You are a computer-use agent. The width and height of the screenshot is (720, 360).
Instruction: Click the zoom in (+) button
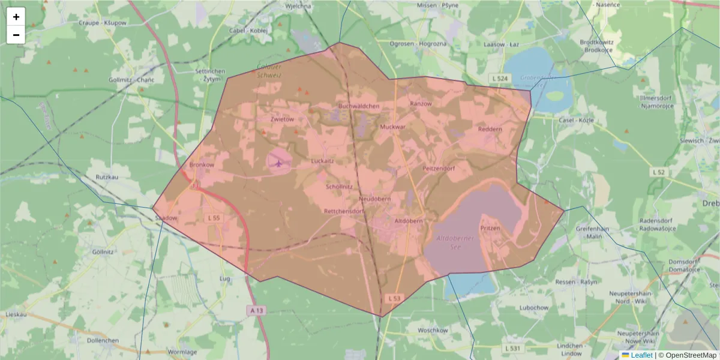click(x=16, y=17)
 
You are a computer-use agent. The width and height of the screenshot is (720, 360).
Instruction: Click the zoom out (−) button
click(x=16, y=35)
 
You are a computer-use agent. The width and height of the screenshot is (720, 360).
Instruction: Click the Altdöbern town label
click(x=409, y=221)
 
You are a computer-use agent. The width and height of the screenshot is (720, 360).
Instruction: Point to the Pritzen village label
click(x=490, y=229)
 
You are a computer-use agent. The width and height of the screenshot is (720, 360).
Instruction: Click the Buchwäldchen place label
click(x=359, y=106)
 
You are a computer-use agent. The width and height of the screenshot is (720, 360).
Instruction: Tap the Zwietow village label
click(x=282, y=119)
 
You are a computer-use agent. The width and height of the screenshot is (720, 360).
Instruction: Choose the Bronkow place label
click(x=201, y=164)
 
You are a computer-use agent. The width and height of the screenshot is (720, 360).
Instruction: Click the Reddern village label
click(x=490, y=129)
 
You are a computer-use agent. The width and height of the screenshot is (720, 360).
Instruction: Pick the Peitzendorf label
click(x=439, y=169)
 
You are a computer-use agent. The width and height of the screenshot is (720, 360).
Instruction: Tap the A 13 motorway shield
click(x=256, y=310)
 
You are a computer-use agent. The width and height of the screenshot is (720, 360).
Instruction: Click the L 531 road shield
click(x=512, y=348)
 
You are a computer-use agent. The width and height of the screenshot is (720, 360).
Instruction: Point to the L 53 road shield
click(x=394, y=298)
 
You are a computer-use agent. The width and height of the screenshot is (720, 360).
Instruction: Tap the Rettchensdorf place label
click(x=344, y=212)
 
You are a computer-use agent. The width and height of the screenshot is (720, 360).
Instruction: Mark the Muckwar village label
click(x=393, y=128)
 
